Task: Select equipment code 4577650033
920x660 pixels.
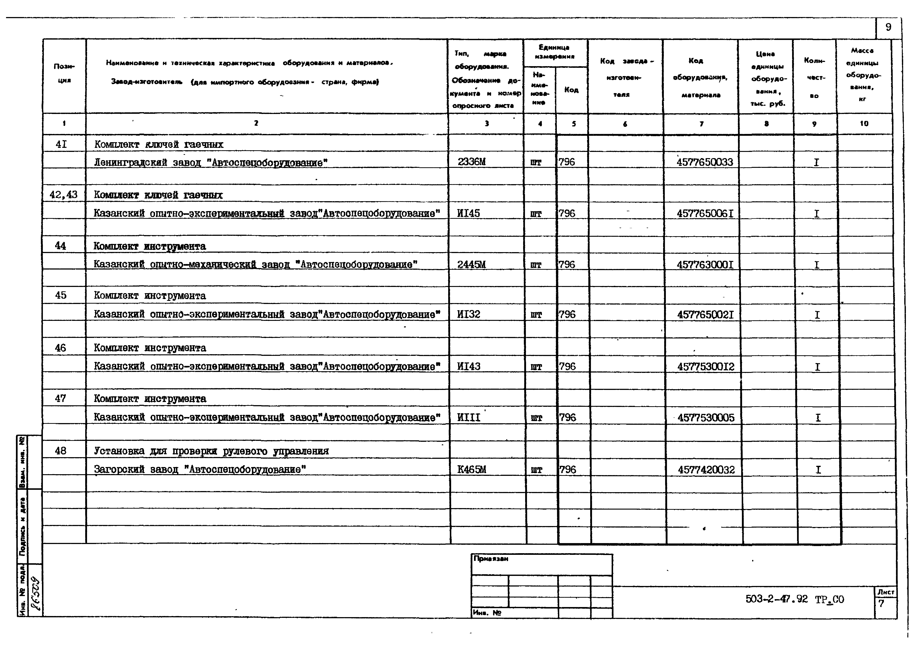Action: pyautogui.click(x=705, y=162)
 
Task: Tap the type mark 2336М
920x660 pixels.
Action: pyautogui.click(x=471, y=162)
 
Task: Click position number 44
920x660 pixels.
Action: pyautogui.click(x=60, y=246)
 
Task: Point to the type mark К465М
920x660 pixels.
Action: pyautogui.click(x=471, y=469)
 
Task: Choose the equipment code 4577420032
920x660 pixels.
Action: pyautogui.click(x=706, y=470)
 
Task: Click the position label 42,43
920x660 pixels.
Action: pyautogui.click(x=63, y=195)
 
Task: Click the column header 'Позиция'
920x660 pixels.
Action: pyautogui.click(x=64, y=73)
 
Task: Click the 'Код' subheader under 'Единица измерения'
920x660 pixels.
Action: pyautogui.click(x=571, y=90)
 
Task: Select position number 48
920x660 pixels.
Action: pyautogui.click(x=60, y=451)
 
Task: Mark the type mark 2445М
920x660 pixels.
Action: pyautogui.click(x=471, y=264)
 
